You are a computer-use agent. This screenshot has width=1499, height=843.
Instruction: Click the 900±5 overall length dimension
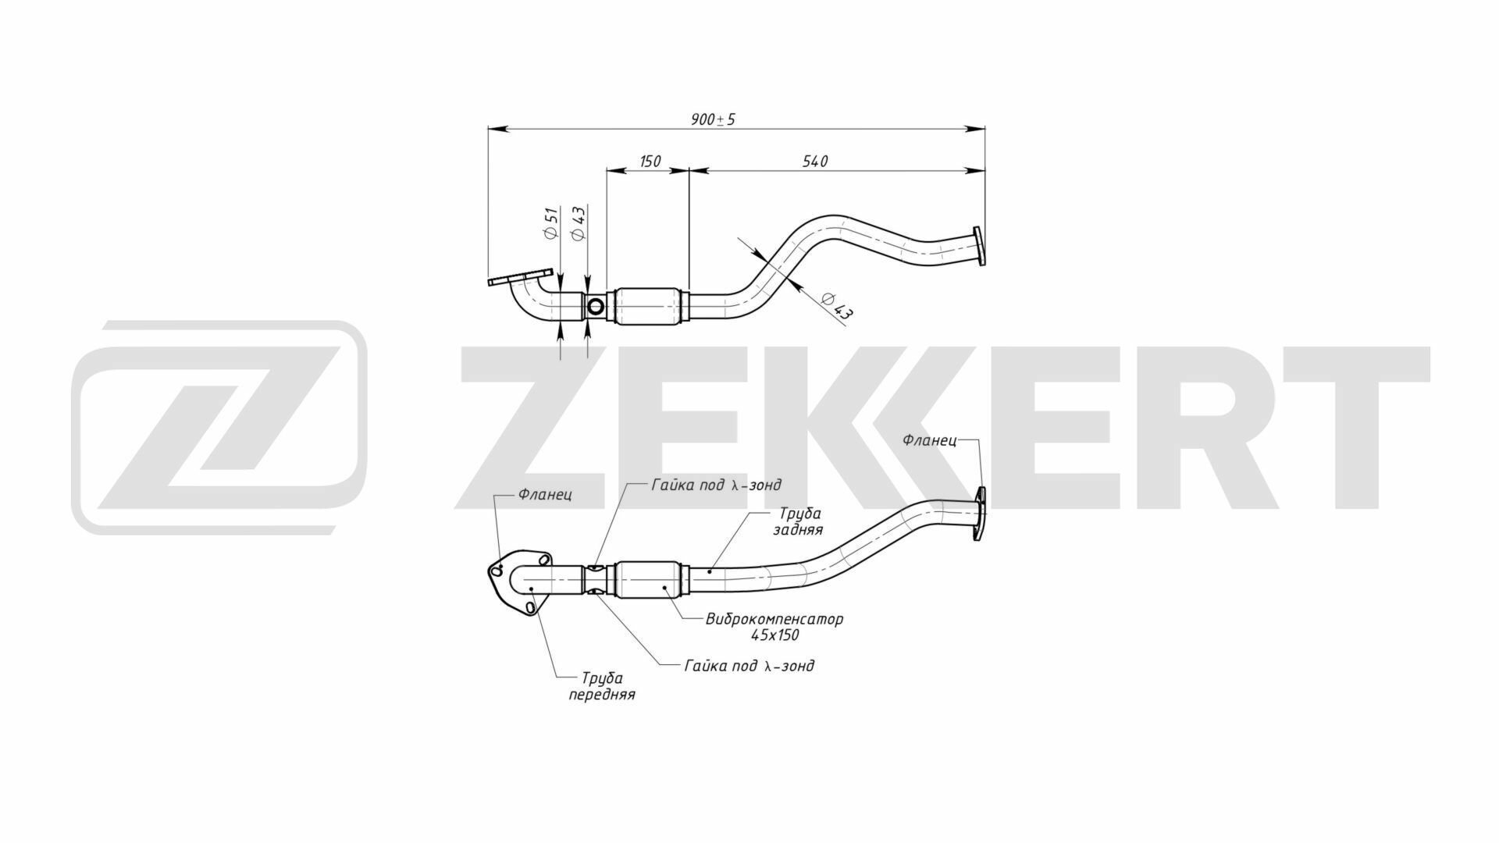pos(713,119)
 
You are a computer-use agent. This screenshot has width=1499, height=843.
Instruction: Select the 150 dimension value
pos(650,162)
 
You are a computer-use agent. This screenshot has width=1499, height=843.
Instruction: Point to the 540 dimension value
pos(815,162)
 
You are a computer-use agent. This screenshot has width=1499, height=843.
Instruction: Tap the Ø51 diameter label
pos(551,224)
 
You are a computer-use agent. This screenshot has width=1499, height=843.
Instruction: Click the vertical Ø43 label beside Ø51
pos(579,224)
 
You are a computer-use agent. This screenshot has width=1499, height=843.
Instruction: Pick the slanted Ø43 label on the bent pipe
pos(838,305)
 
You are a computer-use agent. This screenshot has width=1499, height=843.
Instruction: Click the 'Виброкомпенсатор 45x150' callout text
pos(774,627)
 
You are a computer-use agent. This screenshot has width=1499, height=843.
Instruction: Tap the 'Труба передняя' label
pos(601,686)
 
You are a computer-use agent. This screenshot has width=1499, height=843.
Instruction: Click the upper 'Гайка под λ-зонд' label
pos(716,485)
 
